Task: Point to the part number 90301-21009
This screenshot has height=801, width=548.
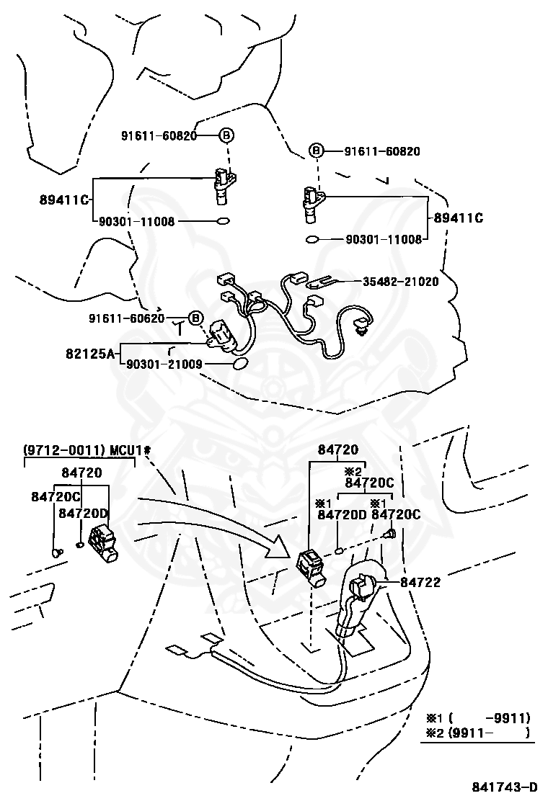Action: pyautogui.click(x=164, y=365)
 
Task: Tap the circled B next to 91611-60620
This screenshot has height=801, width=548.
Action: pyautogui.click(x=195, y=318)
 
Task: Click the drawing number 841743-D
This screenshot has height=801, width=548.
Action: pyautogui.click(x=504, y=786)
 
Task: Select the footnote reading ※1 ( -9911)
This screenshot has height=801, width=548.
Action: pyautogui.click(x=477, y=717)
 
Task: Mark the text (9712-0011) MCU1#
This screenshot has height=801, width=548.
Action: pyautogui.click(x=87, y=450)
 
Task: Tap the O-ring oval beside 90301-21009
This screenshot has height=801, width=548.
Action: pyautogui.click(x=238, y=365)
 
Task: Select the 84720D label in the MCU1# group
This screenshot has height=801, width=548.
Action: pyautogui.click(x=83, y=513)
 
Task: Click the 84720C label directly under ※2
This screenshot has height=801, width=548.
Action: pyautogui.click(x=369, y=483)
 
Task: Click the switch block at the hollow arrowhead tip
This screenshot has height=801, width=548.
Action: pyautogui.click(x=311, y=568)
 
